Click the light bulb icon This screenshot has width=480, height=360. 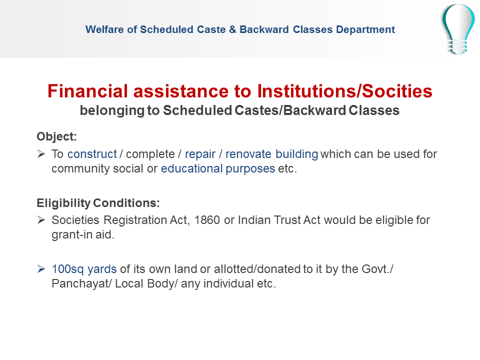point(458,29)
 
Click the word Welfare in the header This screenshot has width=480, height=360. point(104,29)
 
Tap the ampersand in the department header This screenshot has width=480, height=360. point(232,29)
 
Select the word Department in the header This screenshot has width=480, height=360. point(365,29)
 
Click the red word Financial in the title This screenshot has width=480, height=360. point(87,91)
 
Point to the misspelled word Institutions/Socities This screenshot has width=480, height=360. point(344,91)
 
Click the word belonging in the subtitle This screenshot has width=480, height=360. point(112,110)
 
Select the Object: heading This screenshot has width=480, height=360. point(56,136)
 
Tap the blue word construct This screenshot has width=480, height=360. point(92,154)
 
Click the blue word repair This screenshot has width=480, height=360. point(200,154)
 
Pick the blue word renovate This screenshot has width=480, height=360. point(248,154)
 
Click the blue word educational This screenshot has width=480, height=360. point(192,168)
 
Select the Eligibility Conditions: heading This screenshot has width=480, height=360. point(98,203)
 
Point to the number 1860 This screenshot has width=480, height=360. point(207,220)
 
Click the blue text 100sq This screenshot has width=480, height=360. point(67,269)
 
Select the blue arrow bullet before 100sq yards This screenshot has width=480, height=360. point(41,269)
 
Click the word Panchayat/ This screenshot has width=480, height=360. point(82,284)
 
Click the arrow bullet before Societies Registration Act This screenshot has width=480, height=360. point(41,220)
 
